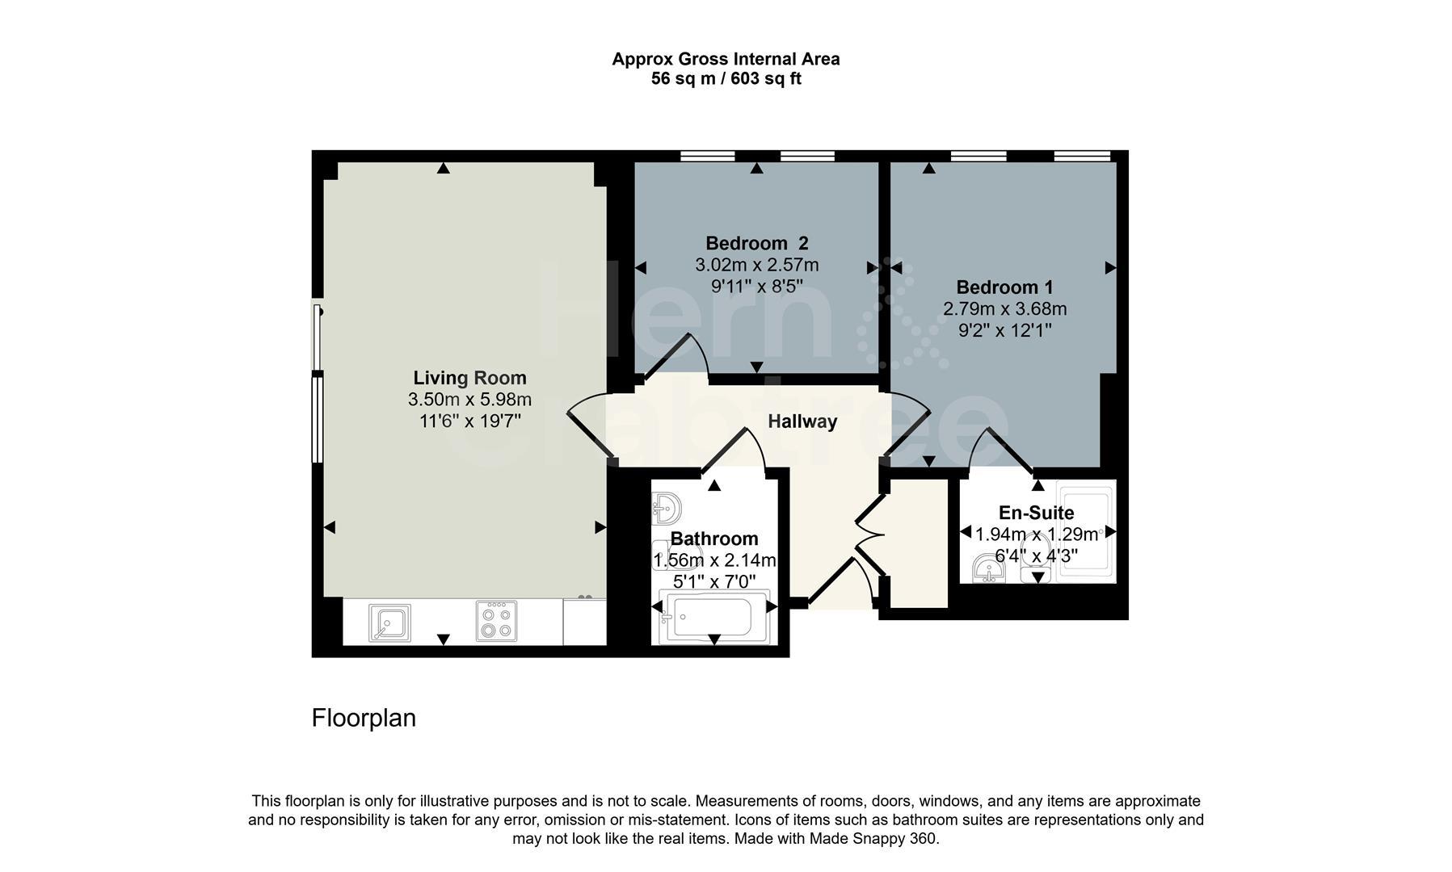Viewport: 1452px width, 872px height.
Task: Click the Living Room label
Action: [x=469, y=378]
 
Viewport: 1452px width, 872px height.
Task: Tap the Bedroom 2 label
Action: [x=756, y=243]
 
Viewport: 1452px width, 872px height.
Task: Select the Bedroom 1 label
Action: [x=1004, y=287]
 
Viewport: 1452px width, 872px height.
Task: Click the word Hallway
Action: [x=802, y=421]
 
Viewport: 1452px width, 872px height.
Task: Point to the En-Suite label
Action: [x=1036, y=513]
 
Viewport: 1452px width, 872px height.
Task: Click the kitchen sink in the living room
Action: [x=389, y=623]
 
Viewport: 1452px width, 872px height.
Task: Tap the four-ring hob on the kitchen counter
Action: [x=496, y=622]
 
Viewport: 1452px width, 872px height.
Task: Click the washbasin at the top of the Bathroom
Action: [x=667, y=509]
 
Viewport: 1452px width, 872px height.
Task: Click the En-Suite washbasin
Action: [x=988, y=568]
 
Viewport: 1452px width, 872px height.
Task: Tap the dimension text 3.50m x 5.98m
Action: [x=469, y=400]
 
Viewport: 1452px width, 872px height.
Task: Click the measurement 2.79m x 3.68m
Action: [x=1004, y=308]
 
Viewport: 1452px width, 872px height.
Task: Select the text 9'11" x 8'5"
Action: [x=756, y=287]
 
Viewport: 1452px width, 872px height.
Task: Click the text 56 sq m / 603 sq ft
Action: [x=726, y=79]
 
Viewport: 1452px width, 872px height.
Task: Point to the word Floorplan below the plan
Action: [x=364, y=718]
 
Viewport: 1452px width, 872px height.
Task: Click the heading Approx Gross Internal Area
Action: [x=726, y=59]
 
